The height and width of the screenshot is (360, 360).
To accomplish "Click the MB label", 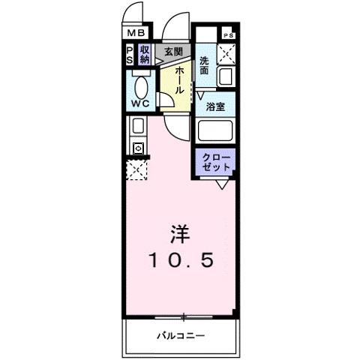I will (136, 32).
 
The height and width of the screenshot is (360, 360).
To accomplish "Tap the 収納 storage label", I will (145, 55).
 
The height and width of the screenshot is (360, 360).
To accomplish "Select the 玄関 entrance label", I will (173, 51).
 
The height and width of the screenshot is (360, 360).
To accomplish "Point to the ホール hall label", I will (180, 79).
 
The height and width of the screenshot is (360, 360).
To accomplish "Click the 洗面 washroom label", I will (204, 65).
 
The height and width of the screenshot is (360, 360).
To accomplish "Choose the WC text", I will (139, 100).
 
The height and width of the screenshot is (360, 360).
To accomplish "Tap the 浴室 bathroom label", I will (215, 107).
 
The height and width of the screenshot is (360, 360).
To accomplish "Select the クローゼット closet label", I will (215, 162).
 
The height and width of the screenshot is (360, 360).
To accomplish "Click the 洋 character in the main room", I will (179, 234).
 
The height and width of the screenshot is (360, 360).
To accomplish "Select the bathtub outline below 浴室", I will (215, 132).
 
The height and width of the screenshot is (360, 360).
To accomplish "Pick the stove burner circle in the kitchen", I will (138, 148).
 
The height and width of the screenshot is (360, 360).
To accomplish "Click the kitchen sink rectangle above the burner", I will (138, 126).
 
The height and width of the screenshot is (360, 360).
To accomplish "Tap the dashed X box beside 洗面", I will (226, 54).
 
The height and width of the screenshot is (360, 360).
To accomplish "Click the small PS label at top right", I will (227, 35).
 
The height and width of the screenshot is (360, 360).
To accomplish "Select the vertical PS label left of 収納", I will (130, 55).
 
